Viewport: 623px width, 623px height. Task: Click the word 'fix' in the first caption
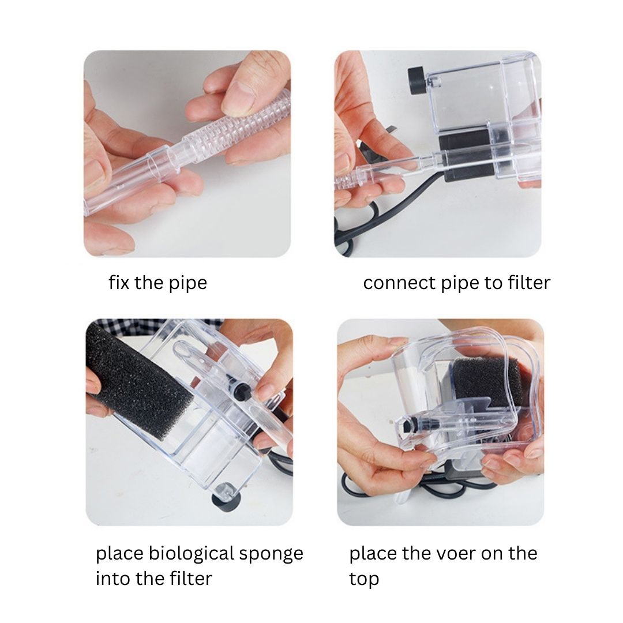[x=119, y=283]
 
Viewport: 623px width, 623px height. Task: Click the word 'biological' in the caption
[x=190, y=554]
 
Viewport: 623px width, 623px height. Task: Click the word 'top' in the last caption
[x=364, y=579]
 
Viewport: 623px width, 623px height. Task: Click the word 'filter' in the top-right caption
[x=529, y=283]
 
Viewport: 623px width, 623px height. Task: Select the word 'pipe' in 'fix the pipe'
[x=188, y=284]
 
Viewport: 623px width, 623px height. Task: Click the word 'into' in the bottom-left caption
[x=114, y=578]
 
